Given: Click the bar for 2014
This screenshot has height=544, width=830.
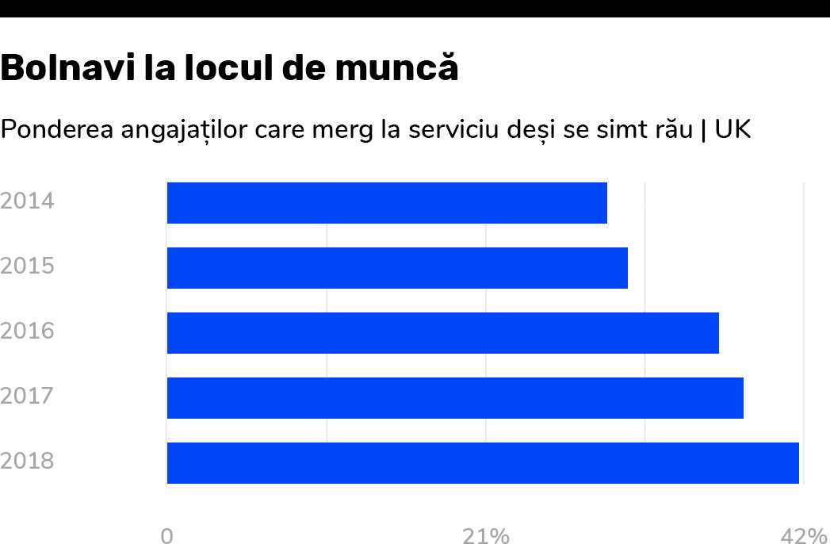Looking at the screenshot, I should click(387, 203).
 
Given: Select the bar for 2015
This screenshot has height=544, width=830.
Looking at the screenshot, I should click(397, 268).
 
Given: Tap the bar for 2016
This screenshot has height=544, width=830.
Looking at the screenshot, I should click(442, 333).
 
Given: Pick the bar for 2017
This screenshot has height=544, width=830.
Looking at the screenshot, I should click(455, 398).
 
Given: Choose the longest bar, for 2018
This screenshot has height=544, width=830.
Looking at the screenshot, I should click(483, 463).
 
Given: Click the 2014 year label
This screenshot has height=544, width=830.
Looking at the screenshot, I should click(28, 201).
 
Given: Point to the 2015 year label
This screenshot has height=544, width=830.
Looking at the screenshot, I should click(28, 266).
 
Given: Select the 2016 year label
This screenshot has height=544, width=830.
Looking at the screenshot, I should click(28, 331).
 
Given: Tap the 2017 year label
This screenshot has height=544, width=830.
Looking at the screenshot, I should click(28, 396).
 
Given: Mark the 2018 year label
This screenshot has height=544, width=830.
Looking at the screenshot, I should click(28, 461).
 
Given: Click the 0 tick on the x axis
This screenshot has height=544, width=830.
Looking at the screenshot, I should click(166, 537).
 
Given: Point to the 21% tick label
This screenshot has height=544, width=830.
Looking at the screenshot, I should click(486, 537).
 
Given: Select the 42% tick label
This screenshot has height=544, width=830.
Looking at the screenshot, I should click(804, 537).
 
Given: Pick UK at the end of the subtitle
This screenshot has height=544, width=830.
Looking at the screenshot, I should click(732, 129).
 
